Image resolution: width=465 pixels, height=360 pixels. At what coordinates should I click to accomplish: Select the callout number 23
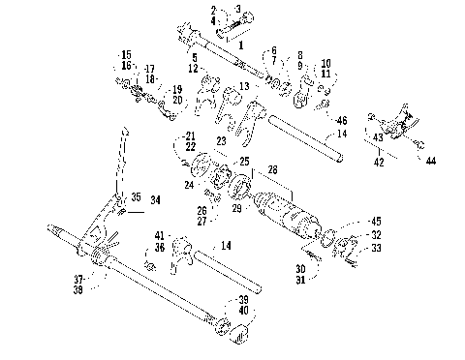[221, 141]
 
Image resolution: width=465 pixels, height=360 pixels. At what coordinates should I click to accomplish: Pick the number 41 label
[158, 236]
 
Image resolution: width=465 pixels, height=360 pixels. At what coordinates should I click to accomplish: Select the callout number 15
[126, 52]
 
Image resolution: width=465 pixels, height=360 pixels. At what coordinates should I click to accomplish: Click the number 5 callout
[195, 58]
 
